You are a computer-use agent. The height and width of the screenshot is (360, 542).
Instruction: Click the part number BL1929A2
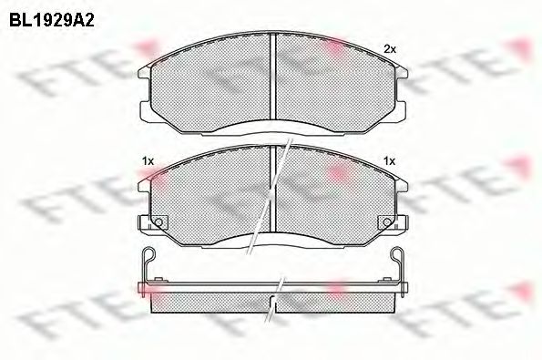pyautogui.click(x=52, y=20)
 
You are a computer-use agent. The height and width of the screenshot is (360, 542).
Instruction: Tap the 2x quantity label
pyautogui.click(x=390, y=49)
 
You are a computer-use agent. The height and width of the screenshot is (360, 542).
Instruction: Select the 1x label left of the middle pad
pyautogui.click(x=148, y=161)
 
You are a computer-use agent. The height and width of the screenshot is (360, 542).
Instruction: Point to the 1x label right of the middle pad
pyautogui.click(x=389, y=161)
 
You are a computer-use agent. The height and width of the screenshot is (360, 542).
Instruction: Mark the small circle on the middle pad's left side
pyautogui.click(x=158, y=222)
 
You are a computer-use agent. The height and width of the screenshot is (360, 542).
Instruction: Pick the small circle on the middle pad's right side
pyautogui.click(x=387, y=222)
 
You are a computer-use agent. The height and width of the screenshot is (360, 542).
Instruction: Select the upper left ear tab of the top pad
pyautogui.click(x=145, y=72)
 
